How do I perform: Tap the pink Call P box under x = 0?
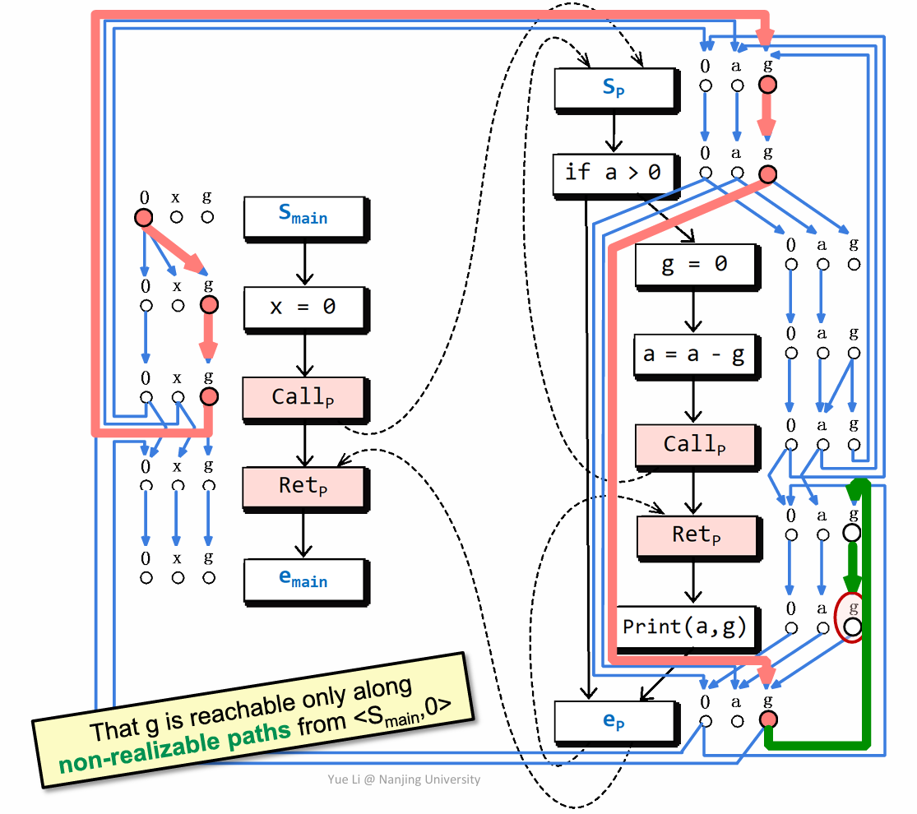303,397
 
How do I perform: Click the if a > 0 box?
613,173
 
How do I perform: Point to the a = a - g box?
695,355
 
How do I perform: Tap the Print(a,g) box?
684,627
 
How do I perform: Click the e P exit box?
614,721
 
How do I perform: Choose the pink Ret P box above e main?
303,486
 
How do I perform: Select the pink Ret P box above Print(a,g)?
696,535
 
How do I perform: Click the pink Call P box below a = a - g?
695,445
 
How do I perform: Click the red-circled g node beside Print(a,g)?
852,629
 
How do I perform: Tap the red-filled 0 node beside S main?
143,218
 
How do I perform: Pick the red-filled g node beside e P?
767,721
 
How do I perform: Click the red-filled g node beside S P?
767,85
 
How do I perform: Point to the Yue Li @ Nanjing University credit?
404,779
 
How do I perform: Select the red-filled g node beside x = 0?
208,305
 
